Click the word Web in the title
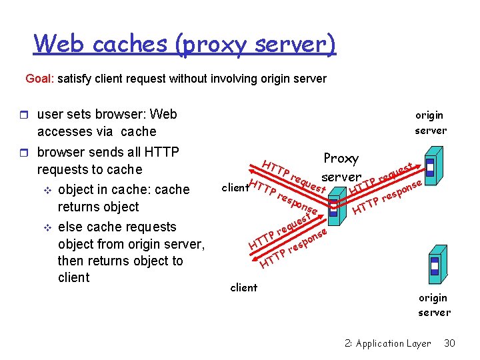pos(58,43)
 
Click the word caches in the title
pos(130,43)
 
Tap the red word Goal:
pos(39,79)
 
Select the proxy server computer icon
pos(337,207)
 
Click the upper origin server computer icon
pos(434,165)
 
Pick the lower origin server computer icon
pos(438,265)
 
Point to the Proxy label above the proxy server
pos(341,159)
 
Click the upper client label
pos(235,187)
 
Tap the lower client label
pos(244,287)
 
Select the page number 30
pos(449,343)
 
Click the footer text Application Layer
pos(393,344)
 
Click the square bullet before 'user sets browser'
pos(24,115)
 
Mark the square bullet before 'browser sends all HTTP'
pos(24,153)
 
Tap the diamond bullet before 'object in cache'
pos(47,191)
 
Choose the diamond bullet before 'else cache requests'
pos(47,228)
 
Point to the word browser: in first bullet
pos(121,114)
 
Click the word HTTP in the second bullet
pos(161,152)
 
